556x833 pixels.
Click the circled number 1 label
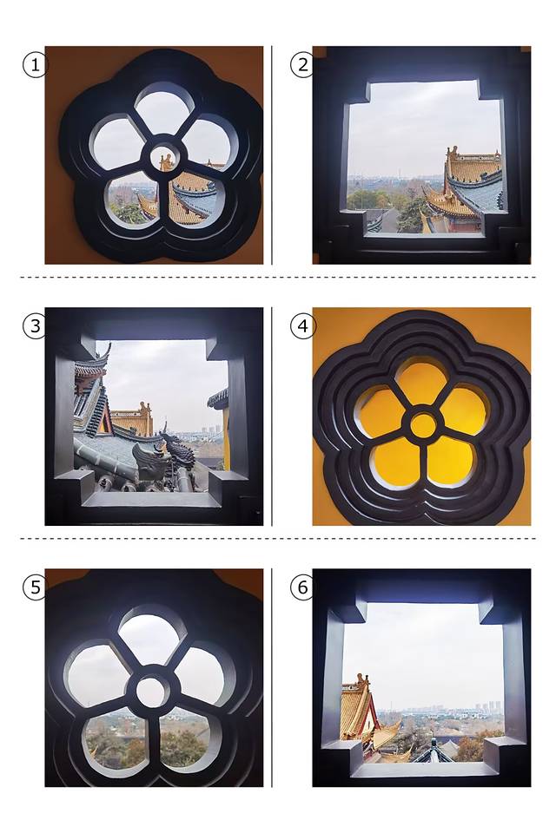[x=35, y=65]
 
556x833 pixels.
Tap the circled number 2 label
[x=302, y=65]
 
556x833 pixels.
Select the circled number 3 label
[x=35, y=325]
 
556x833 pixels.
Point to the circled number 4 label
[x=302, y=325]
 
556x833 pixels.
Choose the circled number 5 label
[x=35, y=587]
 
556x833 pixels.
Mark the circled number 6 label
[x=302, y=587]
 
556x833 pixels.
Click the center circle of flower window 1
[x=165, y=158]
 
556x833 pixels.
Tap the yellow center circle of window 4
[x=424, y=425]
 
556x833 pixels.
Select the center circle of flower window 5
[x=153, y=692]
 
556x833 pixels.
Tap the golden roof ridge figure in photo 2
[x=453, y=152]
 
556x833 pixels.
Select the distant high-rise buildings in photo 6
[x=489, y=707]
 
